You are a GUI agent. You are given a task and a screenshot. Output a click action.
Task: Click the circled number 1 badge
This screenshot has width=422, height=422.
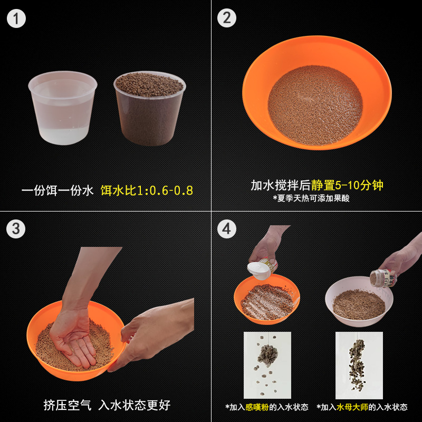pos(16,18)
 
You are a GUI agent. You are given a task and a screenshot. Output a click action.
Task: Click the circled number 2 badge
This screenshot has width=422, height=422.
pos(227,18)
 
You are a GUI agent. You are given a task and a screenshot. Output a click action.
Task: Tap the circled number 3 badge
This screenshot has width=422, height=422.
pos(16,229)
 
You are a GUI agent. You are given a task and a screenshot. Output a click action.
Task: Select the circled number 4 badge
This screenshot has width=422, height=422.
pos(227,229)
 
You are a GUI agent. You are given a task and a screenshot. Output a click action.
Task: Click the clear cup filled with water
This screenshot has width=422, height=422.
pos(63,108)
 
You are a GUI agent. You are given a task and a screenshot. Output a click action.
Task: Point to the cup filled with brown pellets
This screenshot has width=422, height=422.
pos(150,109)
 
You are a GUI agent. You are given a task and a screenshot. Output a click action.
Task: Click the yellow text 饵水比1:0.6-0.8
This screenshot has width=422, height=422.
pos(147,190)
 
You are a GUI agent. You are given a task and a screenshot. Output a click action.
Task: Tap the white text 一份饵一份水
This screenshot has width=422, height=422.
pos(57,190)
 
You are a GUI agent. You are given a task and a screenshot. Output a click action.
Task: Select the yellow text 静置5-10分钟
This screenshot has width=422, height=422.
pos(347,185)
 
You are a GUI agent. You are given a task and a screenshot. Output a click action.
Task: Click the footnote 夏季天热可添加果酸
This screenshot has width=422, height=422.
pos(311,198)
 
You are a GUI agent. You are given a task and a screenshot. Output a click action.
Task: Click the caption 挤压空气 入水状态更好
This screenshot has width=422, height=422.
pos(107,405)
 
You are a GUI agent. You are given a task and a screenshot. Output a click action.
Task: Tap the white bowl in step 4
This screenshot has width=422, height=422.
pos(359,301)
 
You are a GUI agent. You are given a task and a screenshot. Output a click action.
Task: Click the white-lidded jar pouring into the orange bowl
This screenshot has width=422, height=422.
pos(262,268)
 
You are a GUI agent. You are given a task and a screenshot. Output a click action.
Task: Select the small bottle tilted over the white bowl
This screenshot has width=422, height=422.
pos(383,279)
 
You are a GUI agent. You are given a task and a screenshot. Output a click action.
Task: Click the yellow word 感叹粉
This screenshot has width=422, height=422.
pos(257,407)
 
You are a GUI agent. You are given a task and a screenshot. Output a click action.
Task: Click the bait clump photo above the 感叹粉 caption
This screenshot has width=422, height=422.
pos(267,365)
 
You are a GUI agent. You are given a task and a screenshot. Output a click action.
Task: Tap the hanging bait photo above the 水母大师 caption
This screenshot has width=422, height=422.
pos(359,366)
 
